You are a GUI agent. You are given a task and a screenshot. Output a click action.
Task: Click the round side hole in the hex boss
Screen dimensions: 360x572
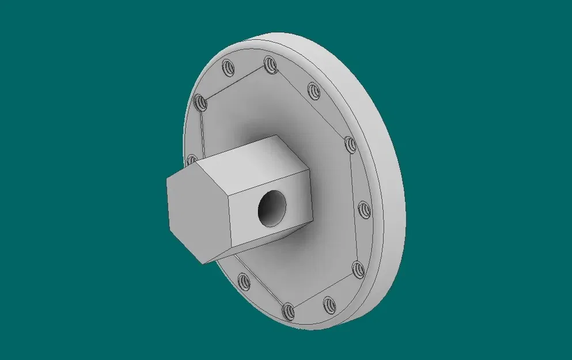[x=271, y=207]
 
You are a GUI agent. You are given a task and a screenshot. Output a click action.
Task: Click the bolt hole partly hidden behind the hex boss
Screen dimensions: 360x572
[x=192, y=159]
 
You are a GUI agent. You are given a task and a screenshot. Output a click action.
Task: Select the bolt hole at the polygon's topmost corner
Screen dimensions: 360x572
[x=270, y=64]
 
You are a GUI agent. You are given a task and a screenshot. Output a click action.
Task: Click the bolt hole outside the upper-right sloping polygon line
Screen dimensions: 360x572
[x=313, y=90]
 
